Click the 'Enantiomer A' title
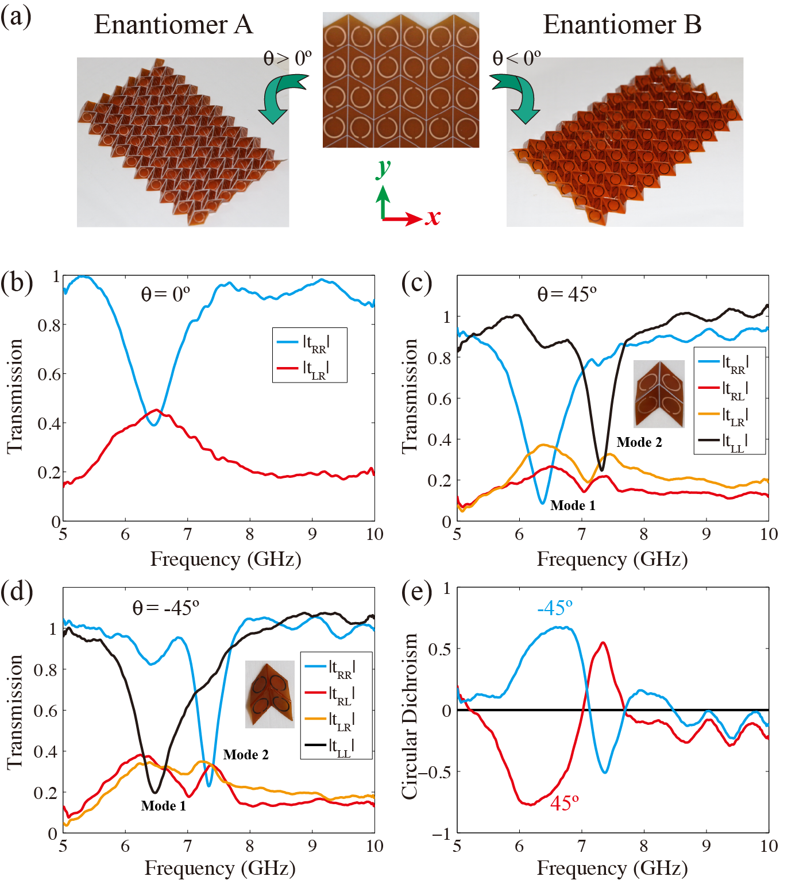pos(173,25)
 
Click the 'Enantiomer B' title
pos(622,25)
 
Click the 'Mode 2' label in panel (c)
pos(639,442)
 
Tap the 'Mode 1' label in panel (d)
pos(164,806)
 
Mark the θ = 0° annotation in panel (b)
pos(165,294)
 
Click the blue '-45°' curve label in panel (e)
pos(555,608)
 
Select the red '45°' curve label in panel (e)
pos(564,803)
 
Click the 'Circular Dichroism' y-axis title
pos(409,716)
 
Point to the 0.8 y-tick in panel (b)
pos(49,326)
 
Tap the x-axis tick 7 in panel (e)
pos(581,846)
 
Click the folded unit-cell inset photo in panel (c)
pos(659,394)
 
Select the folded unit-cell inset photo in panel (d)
pos(270,694)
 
